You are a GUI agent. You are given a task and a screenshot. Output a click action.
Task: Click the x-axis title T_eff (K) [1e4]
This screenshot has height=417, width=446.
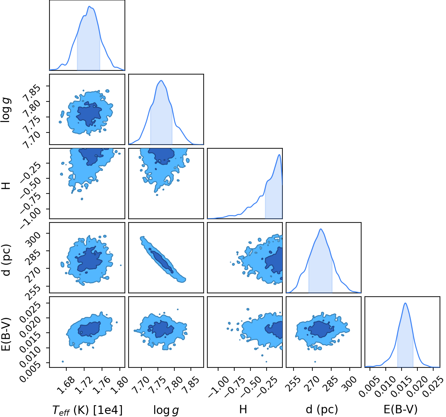point(88,410)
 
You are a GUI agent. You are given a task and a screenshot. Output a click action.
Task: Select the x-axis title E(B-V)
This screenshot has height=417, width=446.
point(401,409)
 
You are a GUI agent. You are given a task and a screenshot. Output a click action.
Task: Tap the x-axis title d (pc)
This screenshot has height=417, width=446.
point(322,409)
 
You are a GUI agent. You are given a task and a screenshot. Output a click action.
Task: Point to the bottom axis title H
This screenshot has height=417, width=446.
point(243,409)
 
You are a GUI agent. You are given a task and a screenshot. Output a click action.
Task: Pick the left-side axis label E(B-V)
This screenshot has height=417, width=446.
point(6,334)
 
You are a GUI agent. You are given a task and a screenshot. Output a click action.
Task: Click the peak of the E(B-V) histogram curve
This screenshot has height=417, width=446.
point(405,303)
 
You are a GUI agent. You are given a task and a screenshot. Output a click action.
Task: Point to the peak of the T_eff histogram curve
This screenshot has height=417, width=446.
point(89,6)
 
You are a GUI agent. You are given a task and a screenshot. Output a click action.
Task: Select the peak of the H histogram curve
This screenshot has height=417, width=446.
point(279,154)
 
